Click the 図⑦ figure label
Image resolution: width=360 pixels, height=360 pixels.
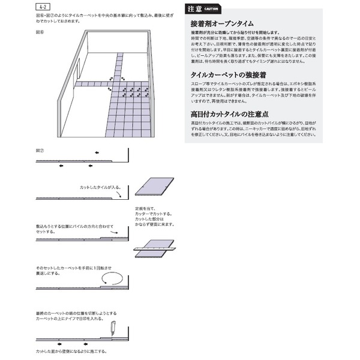point(39,151)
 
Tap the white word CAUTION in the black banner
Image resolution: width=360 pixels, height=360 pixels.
point(211,9)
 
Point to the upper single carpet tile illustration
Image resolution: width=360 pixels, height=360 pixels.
point(154,186)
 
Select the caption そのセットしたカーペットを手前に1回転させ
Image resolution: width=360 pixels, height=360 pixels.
point(74,266)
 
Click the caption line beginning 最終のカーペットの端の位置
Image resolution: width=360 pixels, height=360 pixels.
point(76,313)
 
